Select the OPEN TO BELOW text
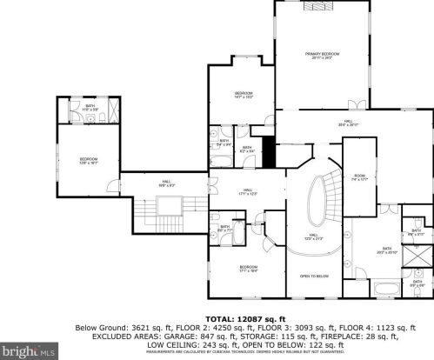point(312,276)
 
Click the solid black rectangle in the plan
point(268,154)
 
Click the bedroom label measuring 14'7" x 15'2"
point(244,95)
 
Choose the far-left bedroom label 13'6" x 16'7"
point(89,160)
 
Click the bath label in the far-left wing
point(90,107)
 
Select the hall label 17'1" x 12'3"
point(248,192)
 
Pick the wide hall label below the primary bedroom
point(349,123)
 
